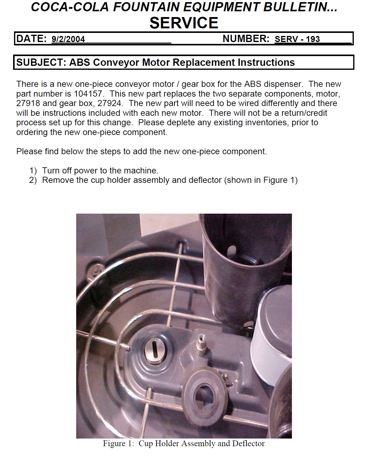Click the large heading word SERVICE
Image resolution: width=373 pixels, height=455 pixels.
pos(184,23)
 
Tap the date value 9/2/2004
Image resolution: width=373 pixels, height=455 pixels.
pos(68,39)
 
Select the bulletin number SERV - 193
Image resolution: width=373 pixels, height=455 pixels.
pos(297,39)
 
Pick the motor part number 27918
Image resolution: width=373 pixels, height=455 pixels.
pos(28,103)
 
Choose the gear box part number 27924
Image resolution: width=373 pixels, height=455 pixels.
pos(109,103)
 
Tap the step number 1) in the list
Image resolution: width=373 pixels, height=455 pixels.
pos(33,171)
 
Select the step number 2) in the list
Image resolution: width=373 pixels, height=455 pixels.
pos(33,180)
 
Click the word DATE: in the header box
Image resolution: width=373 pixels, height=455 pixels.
pos(31,39)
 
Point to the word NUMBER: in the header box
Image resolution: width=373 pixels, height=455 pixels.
pos(246,39)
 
